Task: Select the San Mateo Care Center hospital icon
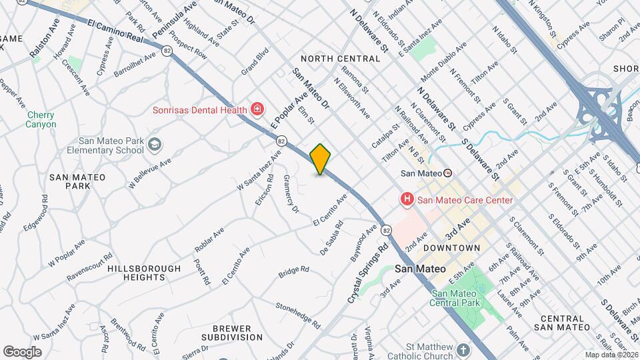pyautogui.click(x=405, y=199)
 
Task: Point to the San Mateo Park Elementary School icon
pyautogui.click(x=155, y=144)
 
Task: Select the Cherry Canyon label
pyautogui.click(x=41, y=119)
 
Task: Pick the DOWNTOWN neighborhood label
pyautogui.click(x=451, y=248)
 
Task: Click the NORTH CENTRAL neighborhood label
pyautogui.click(x=340, y=59)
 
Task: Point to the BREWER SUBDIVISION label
pyautogui.click(x=231, y=333)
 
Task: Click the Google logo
pyautogui.click(x=22, y=351)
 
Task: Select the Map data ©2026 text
pyautogui.click(x=611, y=355)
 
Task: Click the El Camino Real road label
pyautogui.click(x=116, y=31)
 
